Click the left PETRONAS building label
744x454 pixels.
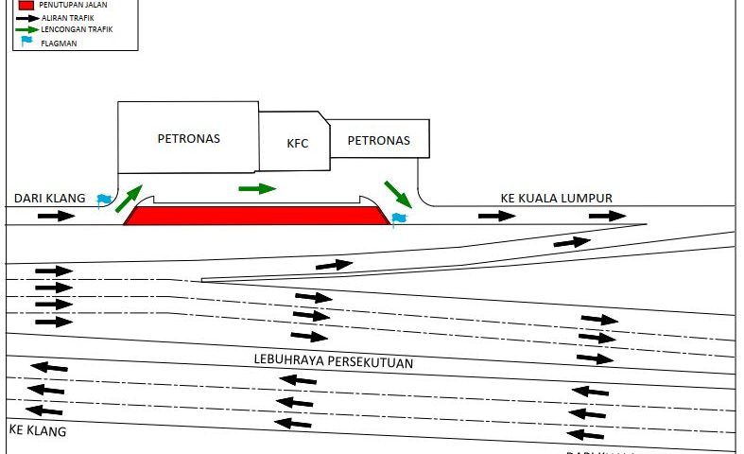188,138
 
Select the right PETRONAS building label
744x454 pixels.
378,141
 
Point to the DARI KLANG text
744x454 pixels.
49,199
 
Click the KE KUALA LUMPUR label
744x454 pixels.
556,199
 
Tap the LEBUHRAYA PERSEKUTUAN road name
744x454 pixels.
334,362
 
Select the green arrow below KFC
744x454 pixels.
257,188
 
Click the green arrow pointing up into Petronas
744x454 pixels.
130,198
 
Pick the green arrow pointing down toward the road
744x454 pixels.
398,193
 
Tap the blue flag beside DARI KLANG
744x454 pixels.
104,200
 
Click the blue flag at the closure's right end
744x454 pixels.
398,218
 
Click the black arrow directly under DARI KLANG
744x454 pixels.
56,216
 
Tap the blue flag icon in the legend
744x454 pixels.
26,42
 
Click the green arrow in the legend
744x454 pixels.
27,29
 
